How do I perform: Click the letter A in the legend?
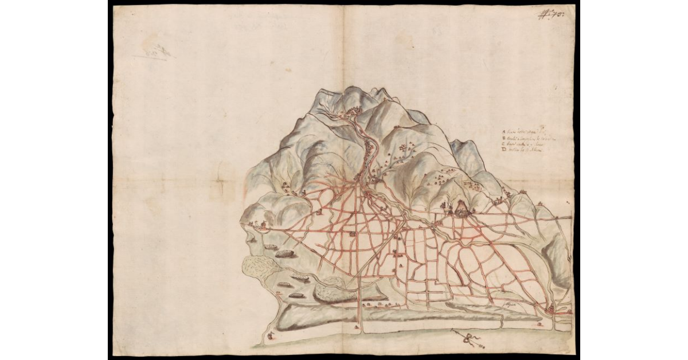[503, 132]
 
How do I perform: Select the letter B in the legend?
[503, 139]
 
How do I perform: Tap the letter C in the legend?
[503, 145]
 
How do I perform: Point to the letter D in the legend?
[503, 151]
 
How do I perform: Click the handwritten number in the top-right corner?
[551, 14]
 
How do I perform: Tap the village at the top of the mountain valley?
[350, 112]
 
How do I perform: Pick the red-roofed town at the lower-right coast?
[551, 310]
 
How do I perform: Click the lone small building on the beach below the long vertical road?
[357, 326]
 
